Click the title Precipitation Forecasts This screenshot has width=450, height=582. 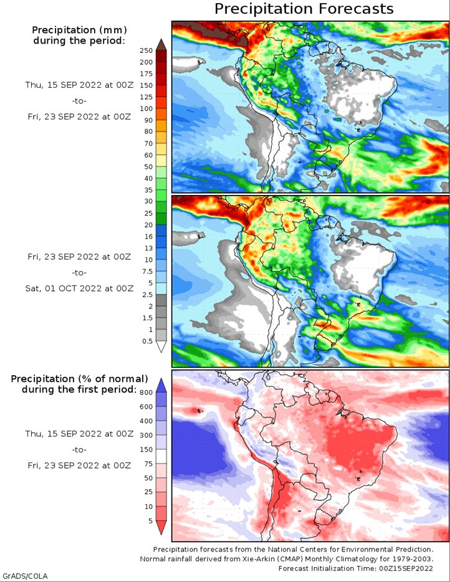pos(304,9)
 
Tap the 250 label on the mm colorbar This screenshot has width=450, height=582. pos(146,50)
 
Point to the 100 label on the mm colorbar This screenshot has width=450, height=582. pos(146,108)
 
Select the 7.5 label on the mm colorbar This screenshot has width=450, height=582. pos(147,271)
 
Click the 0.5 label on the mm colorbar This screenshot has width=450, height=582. pos(147,341)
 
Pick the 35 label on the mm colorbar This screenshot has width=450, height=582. pos(148,189)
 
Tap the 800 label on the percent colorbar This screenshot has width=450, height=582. pos(146,393)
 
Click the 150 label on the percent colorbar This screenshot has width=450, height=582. pos(146,449)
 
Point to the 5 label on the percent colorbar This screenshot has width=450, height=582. pos(150,521)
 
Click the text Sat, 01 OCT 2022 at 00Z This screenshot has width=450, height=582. pos(79,288)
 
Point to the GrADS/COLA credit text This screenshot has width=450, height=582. pos(26,576)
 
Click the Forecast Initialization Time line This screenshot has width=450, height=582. pos(356,568)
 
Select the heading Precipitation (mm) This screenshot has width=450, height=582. pos(79,30)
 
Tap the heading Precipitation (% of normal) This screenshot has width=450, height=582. pos(79,379)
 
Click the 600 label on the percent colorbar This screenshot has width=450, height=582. pos(146,407)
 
